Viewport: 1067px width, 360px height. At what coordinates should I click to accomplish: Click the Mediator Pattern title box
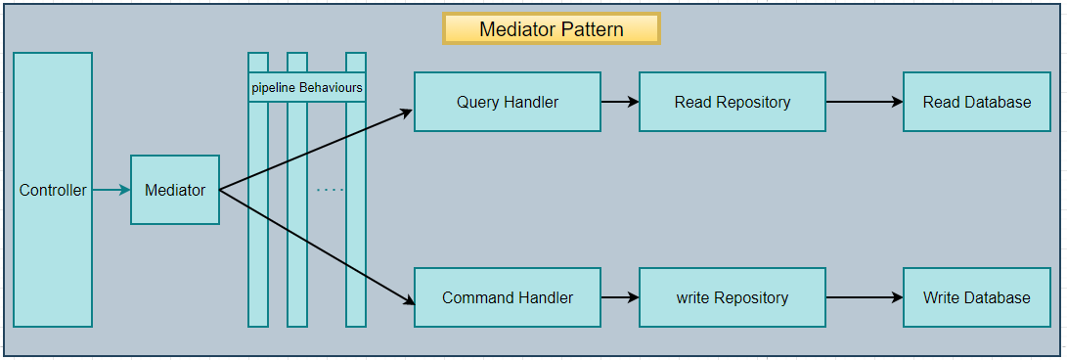tap(551, 28)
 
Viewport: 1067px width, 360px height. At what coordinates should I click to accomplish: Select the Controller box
tap(53, 190)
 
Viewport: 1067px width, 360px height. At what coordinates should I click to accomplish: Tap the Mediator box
tap(175, 190)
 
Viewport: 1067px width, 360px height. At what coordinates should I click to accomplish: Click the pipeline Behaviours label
tap(307, 87)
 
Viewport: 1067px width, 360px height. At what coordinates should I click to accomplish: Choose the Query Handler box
tap(508, 102)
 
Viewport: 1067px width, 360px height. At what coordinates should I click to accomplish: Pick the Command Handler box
tap(508, 297)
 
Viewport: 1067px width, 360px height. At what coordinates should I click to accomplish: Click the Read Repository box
tap(733, 102)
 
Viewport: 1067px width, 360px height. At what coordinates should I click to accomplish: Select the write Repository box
tap(733, 297)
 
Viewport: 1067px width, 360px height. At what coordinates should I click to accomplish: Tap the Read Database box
tap(977, 102)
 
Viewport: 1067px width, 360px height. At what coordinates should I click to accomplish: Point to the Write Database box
tap(977, 297)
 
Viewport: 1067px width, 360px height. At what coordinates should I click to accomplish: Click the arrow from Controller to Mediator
tap(111, 190)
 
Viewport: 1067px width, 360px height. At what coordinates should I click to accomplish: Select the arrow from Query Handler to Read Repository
tap(620, 102)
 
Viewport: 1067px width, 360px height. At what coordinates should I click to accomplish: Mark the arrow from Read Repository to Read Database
tap(865, 102)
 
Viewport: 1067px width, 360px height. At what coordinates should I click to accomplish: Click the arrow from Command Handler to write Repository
tap(620, 297)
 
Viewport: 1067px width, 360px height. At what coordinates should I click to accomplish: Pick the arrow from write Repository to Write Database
tap(865, 297)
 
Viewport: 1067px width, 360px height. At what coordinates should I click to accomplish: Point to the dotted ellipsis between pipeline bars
tap(330, 190)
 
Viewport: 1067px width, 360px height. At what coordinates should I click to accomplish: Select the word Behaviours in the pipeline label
tap(331, 87)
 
